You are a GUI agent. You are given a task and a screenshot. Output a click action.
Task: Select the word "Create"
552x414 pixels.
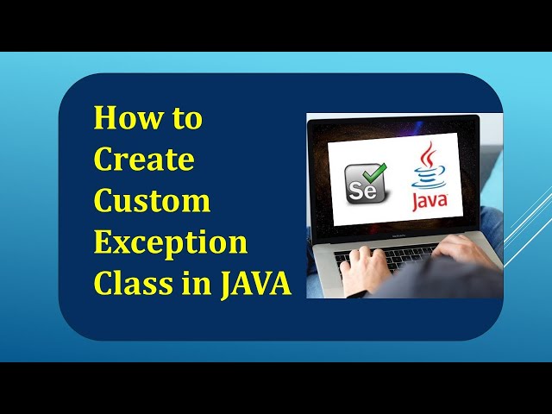click(x=144, y=160)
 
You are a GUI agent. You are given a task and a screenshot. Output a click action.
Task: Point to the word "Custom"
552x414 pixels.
click(x=153, y=201)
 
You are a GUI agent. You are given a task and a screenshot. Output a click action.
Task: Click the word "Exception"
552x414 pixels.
click(x=171, y=243)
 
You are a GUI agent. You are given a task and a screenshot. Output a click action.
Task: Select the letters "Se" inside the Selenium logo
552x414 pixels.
click(x=361, y=189)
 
